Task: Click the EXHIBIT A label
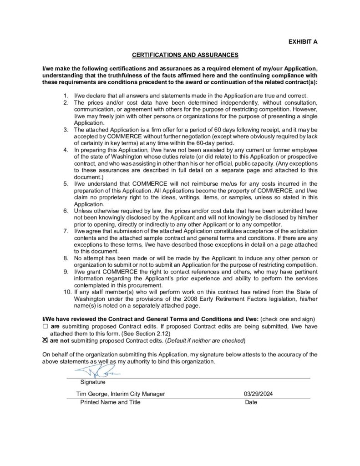click(303, 41)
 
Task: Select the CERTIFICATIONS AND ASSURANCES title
click(185, 55)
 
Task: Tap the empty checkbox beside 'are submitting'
click(45, 327)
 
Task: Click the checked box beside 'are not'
click(45, 340)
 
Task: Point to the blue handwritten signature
click(97, 372)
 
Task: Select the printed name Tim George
click(92, 394)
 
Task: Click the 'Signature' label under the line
click(93, 382)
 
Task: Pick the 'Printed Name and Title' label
click(110, 402)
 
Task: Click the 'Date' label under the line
click(251, 402)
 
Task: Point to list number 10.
click(66, 291)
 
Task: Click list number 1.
click(66, 96)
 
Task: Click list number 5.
click(66, 183)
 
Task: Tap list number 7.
click(66, 231)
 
